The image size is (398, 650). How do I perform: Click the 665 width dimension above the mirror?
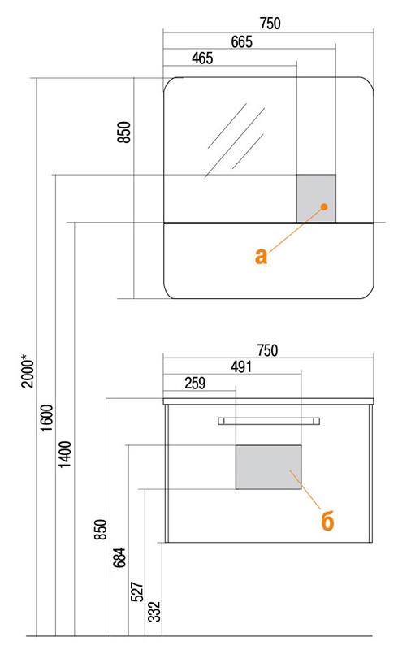click(x=242, y=42)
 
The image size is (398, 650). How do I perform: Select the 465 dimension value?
click(x=202, y=58)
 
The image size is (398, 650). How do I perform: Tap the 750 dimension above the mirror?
click(x=270, y=24)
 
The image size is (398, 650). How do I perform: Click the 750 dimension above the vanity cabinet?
click(x=267, y=351)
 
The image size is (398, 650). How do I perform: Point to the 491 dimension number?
click(x=241, y=367)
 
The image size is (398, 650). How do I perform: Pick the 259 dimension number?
click(x=195, y=383)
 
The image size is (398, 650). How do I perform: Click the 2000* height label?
click(x=28, y=370)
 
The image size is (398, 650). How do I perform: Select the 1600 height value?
click(x=47, y=418)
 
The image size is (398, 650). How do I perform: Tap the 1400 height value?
click(x=65, y=454)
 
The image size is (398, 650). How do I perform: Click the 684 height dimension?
click(x=119, y=557)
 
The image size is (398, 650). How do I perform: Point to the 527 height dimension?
click(x=136, y=592)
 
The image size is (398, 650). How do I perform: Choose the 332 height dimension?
click(x=154, y=612)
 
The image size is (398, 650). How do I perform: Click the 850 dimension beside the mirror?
click(x=124, y=132)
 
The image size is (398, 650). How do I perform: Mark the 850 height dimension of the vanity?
click(x=101, y=530)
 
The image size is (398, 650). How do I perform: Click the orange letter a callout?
click(x=262, y=256)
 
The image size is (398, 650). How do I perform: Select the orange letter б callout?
click(x=327, y=520)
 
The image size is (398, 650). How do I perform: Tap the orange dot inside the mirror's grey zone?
click(x=324, y=206)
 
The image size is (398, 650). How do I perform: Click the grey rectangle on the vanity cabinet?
click(x=269, y=467)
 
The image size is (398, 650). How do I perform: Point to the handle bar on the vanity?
click(x=269, y=421)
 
